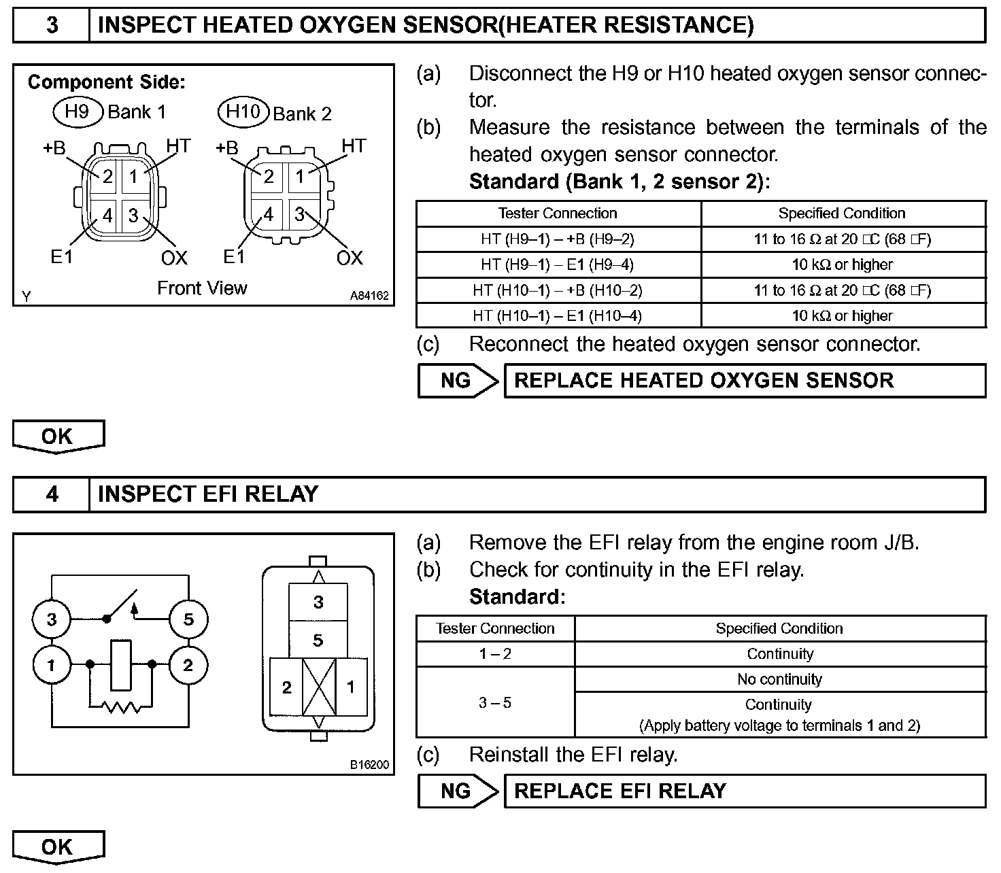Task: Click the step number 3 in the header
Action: pos(52,25)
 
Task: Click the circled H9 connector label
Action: pos(77,111)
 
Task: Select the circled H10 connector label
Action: pos(243,112)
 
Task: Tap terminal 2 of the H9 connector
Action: pos(107,177)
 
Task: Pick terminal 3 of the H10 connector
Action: pos(299,215)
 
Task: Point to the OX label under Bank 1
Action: pos(174,258)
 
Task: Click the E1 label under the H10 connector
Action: pos(234,257)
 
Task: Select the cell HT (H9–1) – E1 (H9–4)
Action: pos(558,264)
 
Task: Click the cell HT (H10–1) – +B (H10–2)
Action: pos(558,290)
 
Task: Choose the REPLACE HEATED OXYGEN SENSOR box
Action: pos(744,381)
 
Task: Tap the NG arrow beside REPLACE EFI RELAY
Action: pos(457,791)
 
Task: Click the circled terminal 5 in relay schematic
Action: pos(188,619)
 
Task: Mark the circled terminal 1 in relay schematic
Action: pos(51,665)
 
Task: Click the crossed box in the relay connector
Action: pos(318,687)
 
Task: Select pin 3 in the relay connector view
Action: pos(318,602)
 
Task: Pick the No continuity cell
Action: pos(779,679)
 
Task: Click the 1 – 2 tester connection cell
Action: pos(495,654)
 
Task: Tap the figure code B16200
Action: pos(369,765)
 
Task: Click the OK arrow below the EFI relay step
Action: pos(58,847)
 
